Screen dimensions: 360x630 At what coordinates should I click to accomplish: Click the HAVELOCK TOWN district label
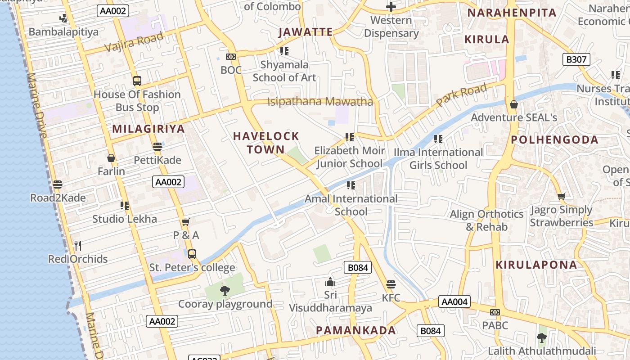265,143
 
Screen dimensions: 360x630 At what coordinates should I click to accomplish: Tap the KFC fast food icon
391,285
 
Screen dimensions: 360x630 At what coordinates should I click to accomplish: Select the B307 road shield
576,59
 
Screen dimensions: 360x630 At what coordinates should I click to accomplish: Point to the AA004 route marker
454,301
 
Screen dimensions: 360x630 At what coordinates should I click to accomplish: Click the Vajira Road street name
134,42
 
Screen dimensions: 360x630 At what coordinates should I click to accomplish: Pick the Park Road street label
461,95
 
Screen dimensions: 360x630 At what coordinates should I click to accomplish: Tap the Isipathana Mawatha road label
320,102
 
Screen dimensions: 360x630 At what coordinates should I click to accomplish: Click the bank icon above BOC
231,57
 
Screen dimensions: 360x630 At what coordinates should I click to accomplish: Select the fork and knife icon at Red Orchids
78,246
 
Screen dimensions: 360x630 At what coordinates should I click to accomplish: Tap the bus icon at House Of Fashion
137,81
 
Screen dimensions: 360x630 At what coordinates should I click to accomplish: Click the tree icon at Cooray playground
225,291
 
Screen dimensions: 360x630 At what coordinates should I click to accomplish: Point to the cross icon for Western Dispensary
391,7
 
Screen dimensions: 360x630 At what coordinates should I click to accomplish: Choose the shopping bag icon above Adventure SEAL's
514,105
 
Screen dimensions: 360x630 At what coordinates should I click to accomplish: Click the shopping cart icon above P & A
186,222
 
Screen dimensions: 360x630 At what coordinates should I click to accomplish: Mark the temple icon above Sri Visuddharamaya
330,282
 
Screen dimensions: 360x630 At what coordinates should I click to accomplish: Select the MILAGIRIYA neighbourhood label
148,129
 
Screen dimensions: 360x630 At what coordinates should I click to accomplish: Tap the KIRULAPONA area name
536,265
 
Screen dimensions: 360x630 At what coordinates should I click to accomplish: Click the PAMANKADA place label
356,331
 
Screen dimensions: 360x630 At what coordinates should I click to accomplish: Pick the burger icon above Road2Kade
58,184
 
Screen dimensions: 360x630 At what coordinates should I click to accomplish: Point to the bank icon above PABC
495,312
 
